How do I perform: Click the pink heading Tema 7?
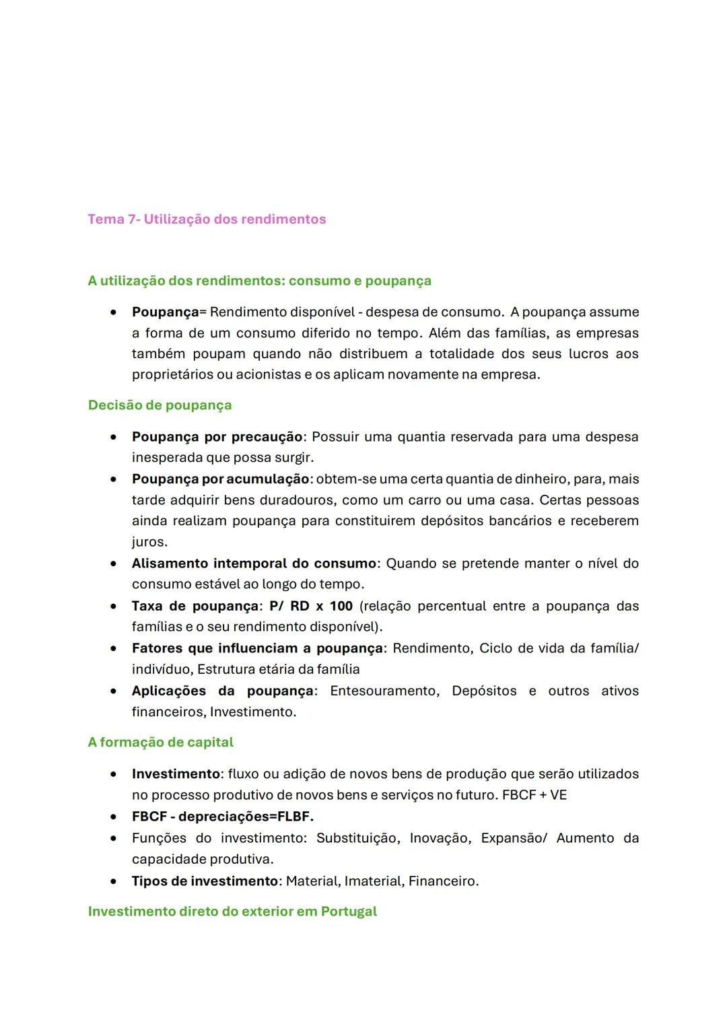pyautogui.click(x=206, y=219)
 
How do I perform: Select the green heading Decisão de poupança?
pyautogui.click(x=160, y=405)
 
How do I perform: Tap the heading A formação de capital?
pyautogui.click(x=160, y=742)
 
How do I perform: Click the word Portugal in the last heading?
pyautogui.click(x=348, y=911)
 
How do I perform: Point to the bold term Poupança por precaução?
pyautogui.click(x=217, y=437)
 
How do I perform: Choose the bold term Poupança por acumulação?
pyautogui.click(x=220, y=479)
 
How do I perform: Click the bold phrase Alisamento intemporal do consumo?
pyautogui.click(x=254, y=563)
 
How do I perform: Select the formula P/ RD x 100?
pyautogui.click(x=311, y=606)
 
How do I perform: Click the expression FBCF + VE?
pyautogui.click(x=534, y=795)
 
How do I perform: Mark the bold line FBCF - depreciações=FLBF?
pyautogui.click(x=222, y=817)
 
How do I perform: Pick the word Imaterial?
pyautogui.click(x=372, y=881)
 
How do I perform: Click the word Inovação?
pyautogui.click(x=440, y=838)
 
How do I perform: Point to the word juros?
pyautogui.click(x=149, y=542)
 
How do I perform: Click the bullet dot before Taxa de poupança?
pyautogui.click(x=114, y=606)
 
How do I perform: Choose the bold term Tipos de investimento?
pyautogui.click(x=205, y=881)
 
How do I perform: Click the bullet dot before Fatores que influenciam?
pyautogui.click(x=114, y=648)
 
